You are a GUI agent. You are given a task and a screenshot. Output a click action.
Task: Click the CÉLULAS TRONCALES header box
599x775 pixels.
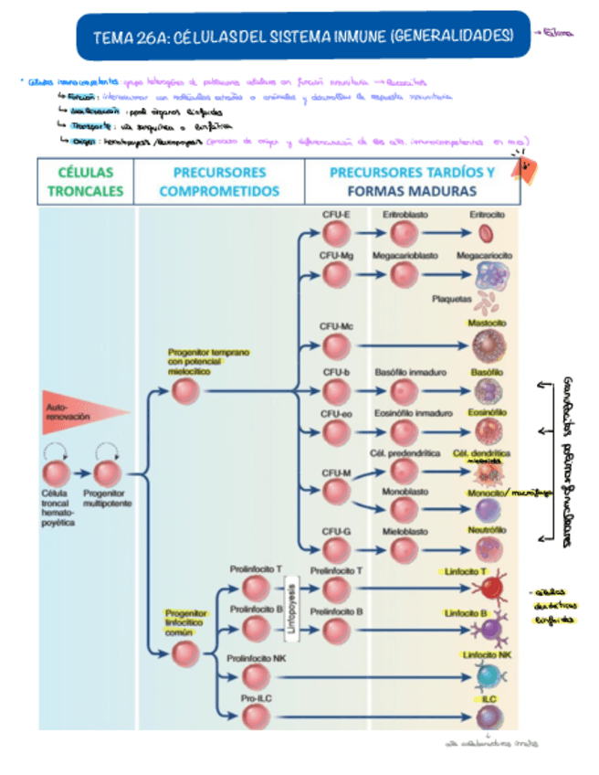(x=85, y=181)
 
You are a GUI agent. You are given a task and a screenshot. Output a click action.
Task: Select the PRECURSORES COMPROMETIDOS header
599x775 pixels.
(x=219, y=181)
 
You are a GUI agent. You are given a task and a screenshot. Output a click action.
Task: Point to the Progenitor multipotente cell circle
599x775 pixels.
(x=108, y=473)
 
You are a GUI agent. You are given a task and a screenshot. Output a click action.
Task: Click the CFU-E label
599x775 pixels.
(x=337, y=213)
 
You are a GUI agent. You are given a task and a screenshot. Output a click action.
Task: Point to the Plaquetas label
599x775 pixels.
(x=452, y=299)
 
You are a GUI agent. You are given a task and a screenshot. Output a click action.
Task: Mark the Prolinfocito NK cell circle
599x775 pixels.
(x=257, y=675)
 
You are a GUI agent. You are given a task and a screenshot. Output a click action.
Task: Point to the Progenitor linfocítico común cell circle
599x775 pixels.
(x=185, y=653)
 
